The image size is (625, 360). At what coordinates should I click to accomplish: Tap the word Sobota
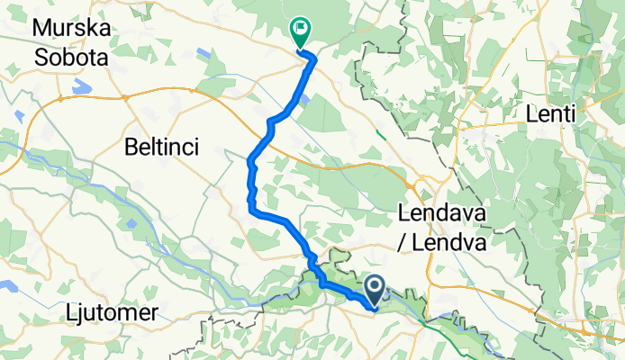70,58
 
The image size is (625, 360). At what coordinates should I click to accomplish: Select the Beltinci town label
161,146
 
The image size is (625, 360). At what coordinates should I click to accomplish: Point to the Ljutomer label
113,312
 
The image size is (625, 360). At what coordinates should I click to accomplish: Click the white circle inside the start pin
376,286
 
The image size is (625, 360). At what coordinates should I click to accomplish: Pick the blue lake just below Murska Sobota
81,87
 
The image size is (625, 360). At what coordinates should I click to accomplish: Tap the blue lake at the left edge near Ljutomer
7,288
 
